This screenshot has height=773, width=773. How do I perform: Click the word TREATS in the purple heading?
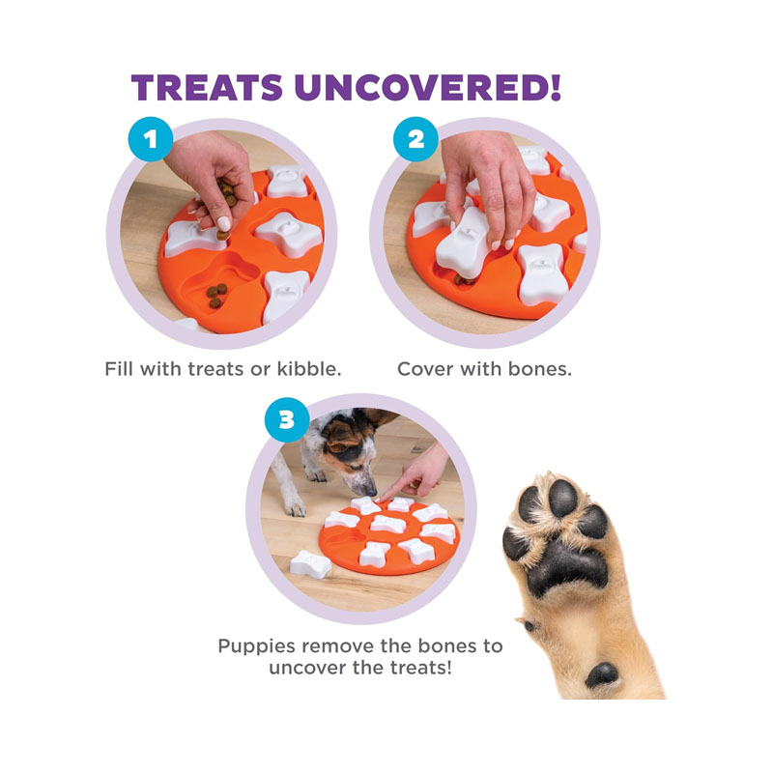pyautogui.click(x=207, y=87)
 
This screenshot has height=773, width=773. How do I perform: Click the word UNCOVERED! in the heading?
pyautogui.click(x=428, y=87)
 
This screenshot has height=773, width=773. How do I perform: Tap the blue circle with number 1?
pyautogui.click(x=151, y=139)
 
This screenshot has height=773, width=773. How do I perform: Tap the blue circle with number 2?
pyautogui.click(x=415, y=139)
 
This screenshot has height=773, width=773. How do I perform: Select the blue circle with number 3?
pyautogui.click(x=287, y=420)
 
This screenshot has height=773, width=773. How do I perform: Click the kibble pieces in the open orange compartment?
pyautogui.click(x=216, y=296)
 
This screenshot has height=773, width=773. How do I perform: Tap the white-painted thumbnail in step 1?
pyautogui.click(x=224, y=223)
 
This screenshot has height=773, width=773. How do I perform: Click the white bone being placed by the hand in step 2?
pyautogui.click(x=463, y=244)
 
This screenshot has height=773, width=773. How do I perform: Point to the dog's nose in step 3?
pyautogui.click(x=370, y=491)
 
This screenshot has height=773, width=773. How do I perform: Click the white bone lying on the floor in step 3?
pyautogui.click(x=310, y=564)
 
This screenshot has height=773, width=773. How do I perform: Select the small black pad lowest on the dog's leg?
pyautogui.click(x=602, y=674)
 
